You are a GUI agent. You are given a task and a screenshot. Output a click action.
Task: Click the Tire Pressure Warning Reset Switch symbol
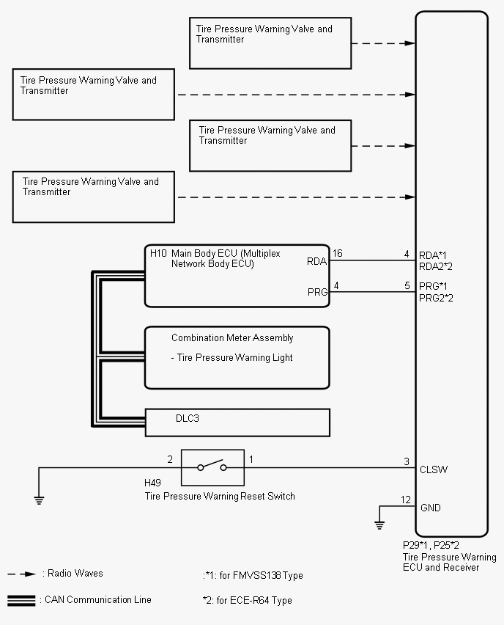[212, 467]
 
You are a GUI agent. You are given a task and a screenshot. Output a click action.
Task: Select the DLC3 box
[237, 422]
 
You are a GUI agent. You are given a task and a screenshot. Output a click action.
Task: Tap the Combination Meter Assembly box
[237, 357]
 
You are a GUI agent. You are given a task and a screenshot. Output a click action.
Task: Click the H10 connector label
[158, 253]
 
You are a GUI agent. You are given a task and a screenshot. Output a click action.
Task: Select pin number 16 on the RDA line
[337, 254]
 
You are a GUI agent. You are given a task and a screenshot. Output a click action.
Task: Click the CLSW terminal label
[434, 469]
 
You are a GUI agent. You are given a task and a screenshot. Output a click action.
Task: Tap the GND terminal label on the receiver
[431, 508]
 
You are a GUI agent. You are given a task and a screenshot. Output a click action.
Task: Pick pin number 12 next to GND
[406, 500]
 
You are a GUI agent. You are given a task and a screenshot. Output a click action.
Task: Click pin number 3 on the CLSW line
[407, 461]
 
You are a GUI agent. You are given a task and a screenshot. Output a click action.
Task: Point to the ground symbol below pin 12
[379, 524]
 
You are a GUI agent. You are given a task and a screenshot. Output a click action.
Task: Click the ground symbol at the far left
[39, 500]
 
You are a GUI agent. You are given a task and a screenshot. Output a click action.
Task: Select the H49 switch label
[154, 484]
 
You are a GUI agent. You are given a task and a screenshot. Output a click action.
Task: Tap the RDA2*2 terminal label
[436, 266]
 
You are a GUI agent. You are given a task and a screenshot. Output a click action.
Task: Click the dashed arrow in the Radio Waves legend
[23, 574]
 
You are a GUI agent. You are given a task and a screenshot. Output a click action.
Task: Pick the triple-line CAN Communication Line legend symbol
[21, 600]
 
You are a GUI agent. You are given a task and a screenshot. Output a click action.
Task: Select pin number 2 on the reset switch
[170, 460]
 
